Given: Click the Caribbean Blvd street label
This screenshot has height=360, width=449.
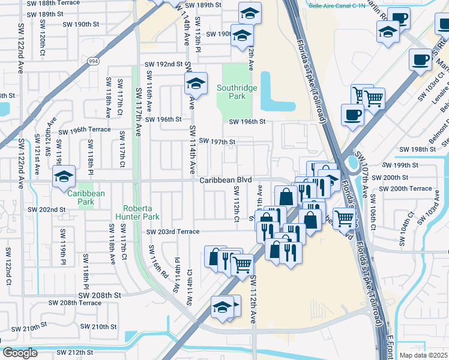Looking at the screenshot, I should pos(225,179).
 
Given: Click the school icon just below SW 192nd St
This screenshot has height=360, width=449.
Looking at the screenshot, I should pos(196,84).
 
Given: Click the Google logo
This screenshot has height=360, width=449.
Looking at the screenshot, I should pos(20,353).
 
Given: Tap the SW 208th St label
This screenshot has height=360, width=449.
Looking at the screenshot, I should pos(100,295).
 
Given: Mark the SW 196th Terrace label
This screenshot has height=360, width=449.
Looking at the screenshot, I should pos(84,130).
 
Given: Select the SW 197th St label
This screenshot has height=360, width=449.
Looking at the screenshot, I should pos(217,142).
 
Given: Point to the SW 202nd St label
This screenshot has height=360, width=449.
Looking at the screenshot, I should pos(48,209).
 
